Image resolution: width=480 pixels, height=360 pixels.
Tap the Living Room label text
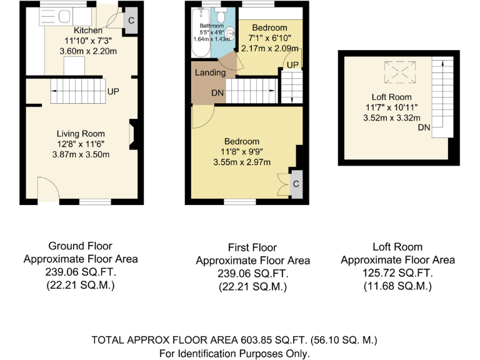point(81,134)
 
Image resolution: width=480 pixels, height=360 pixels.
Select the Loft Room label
point(391,97)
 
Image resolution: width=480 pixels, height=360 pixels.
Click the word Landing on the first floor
point(211,73)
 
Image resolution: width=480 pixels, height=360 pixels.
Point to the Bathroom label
point(211,26)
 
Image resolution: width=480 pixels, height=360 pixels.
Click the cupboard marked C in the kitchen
point(131,20)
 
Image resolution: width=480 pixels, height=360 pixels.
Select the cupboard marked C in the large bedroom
point(296,184)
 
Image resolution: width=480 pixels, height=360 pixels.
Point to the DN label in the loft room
point(424,128)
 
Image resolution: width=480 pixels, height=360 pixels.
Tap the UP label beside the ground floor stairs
point(113,92)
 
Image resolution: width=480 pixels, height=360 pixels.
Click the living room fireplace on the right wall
point(132,135)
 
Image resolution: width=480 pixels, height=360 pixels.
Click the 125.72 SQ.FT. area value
point(397,273)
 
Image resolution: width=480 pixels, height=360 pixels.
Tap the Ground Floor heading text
point(80,246)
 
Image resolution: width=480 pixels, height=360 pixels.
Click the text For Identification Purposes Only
point(234,353)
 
